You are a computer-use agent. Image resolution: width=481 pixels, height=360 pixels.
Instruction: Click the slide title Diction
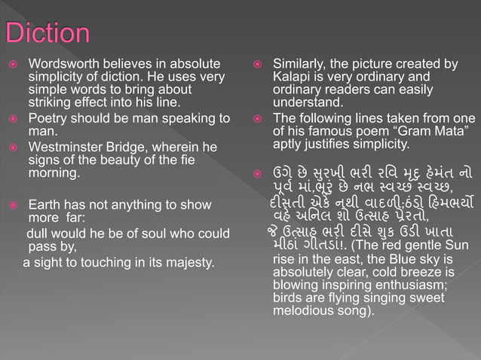[47, 32]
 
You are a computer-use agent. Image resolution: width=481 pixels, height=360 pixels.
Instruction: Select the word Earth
[44, 205]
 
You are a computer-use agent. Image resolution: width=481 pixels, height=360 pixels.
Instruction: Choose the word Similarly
[300, 64]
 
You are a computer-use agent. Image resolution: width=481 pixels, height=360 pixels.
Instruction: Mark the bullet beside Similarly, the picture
[257, 65]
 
